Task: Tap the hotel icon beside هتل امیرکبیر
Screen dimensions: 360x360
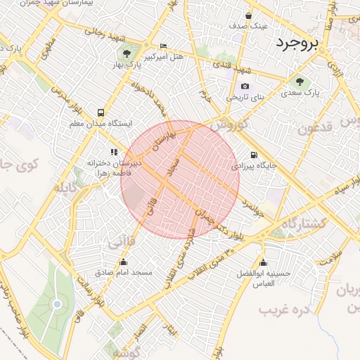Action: tap(164, 46)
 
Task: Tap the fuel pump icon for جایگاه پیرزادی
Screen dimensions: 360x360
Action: tap(253, 155)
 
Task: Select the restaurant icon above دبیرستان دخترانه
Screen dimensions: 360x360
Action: tap(112, 152)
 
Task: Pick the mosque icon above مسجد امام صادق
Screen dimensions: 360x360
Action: tap(123, 261)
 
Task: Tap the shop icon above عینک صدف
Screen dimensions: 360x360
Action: tap(249, 15)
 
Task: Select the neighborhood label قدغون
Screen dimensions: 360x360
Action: tap(313, 128)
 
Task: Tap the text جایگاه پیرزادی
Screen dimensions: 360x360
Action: tap(254, 167)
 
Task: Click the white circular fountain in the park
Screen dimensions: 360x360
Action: tap(57, 304)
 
